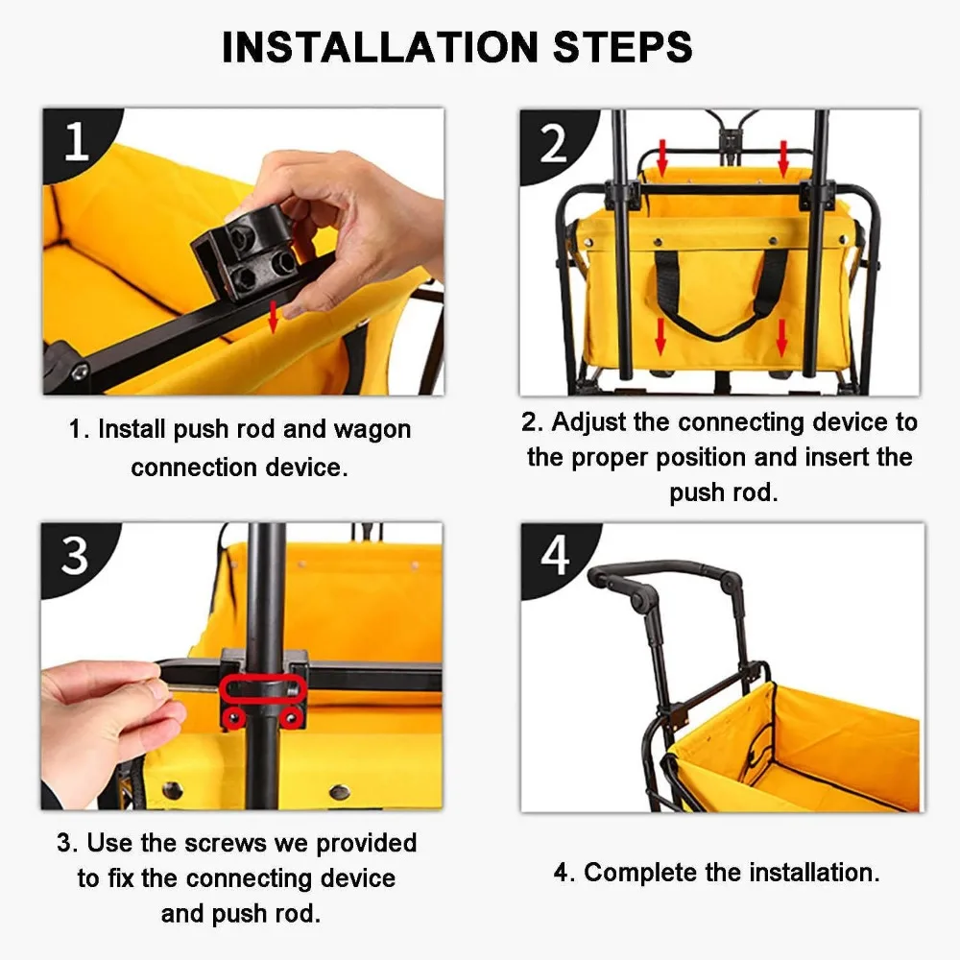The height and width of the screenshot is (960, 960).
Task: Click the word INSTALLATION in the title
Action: (380, 47)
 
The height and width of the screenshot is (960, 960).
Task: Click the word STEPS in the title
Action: (623, 47)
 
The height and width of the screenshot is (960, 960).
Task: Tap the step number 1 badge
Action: (77, 141)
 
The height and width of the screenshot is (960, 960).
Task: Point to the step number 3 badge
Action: (75, 556)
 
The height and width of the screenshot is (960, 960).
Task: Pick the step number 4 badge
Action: (555, 556)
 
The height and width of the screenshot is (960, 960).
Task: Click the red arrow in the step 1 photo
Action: (273, 317)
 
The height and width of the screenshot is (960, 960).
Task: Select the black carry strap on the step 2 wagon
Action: (721, 294)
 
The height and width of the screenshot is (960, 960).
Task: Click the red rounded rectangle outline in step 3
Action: (263, 689)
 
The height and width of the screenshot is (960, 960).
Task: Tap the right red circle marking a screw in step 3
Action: (292, 717)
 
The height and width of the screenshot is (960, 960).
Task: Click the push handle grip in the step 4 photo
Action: (666, 570)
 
